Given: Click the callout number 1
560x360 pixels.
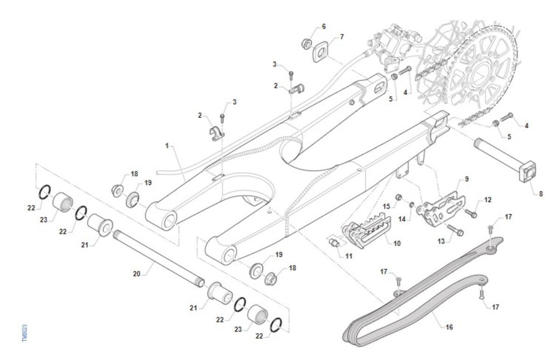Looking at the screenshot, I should (x=167, y=146).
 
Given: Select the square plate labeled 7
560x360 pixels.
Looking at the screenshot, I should (x=321, y=51).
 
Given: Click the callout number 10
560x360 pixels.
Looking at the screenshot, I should (x=397, y=244).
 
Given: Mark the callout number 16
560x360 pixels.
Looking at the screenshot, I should (x=449, y=327).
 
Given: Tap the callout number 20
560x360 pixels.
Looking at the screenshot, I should (x=136, y=274).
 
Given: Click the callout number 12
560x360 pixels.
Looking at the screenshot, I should (x=488, y=200).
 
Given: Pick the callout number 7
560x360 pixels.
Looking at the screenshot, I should (x=342, y=36).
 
